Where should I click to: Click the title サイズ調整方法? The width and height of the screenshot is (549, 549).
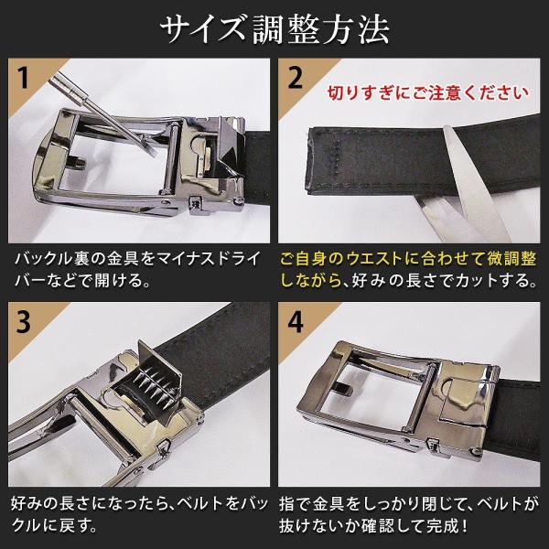(274, 29)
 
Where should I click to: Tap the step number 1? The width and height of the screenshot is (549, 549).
(24, 78)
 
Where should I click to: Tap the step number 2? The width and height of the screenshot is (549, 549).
(296, 78)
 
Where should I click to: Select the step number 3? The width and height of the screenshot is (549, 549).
(24, 322)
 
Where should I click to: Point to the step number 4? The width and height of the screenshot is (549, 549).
(296, 322)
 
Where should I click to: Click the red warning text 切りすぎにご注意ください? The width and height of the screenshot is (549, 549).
(427, 93)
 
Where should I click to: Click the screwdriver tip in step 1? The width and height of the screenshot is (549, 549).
(151, 151)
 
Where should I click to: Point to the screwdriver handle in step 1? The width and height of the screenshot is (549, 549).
(69, 87)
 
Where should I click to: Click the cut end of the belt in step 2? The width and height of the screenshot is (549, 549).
(309, 159)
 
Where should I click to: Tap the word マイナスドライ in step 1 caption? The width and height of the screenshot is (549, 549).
(208, 259)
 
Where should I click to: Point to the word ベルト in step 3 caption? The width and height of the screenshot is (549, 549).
(200, 503)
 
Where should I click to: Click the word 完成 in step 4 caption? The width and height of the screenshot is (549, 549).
(442, 525)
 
